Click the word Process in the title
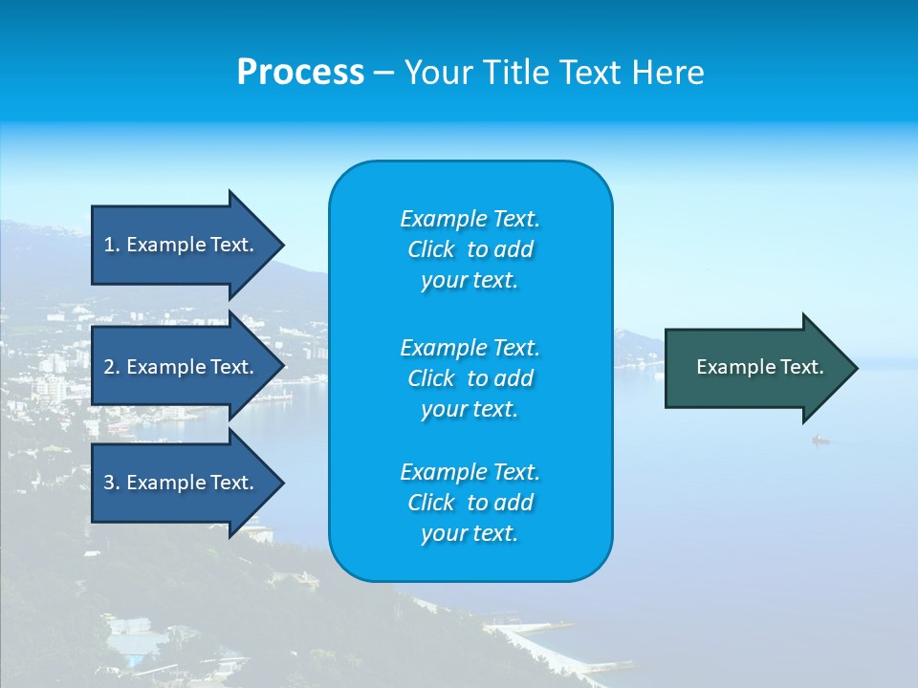point(300,73)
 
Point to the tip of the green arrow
point(856,367)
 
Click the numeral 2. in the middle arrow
point(111,367)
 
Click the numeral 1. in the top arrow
point(111,245)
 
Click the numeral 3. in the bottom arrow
point(111,483)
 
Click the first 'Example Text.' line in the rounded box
point(470,219)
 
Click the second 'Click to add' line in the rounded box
point(470,378)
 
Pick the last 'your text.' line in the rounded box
point(470,534)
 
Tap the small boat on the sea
point(820,441)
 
